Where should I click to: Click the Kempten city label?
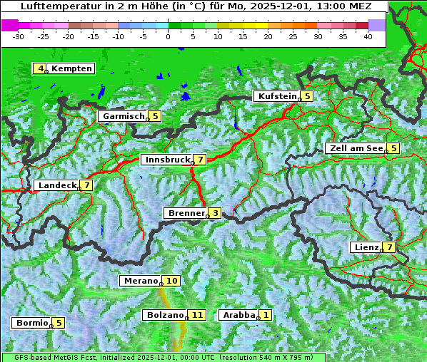coord(71,68)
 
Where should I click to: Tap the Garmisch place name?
coord(124,116)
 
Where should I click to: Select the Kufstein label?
coord(277,96)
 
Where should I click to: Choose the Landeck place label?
coord(57,185)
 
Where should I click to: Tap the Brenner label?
coord(186,213)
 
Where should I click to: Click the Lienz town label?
coord(366,247)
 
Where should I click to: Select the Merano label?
coord(140,281)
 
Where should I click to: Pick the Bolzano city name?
coord(166,315)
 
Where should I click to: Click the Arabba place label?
coord(239,315)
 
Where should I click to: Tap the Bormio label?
coord(32,323)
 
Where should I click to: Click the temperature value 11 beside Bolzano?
coord(198,315)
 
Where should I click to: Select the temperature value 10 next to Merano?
coord(172,281)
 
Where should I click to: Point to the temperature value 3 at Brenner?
coord(215,213)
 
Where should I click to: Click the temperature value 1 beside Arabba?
coord(266,315)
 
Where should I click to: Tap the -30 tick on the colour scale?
coord(19,36)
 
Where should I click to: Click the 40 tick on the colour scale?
coord(368,36)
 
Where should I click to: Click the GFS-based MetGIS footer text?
coord(57,357)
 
